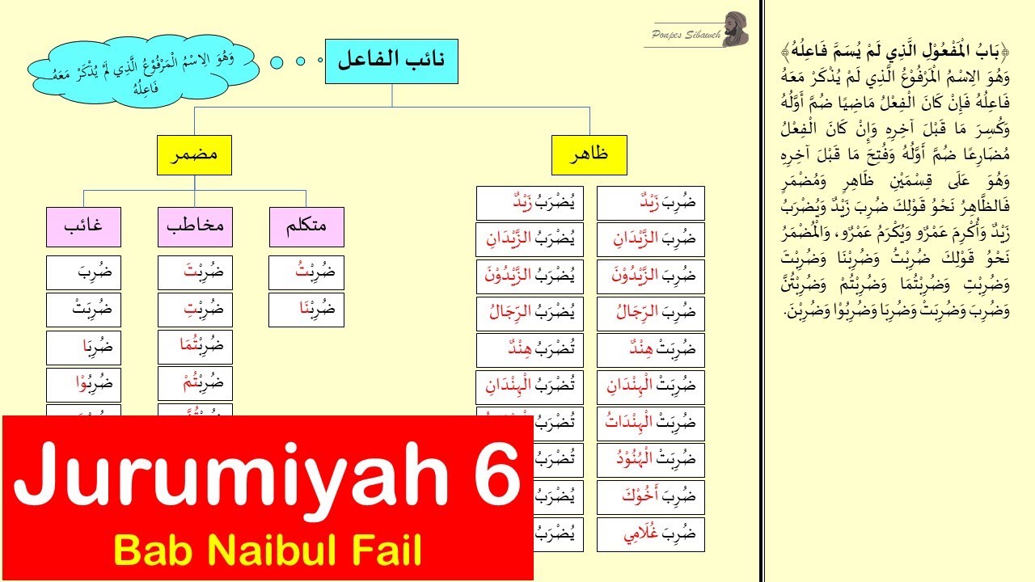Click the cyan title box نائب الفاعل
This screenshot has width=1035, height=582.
point(391,61)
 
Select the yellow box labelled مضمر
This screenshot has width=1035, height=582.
point(193,156)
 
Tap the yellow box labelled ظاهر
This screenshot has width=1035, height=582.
point(589,156)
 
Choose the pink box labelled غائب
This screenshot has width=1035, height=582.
point(84,227)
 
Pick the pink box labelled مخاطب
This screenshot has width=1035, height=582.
point(194,227)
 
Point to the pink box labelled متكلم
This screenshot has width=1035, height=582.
point(306,227)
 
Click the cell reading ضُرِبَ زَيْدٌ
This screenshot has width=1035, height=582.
point(650,203)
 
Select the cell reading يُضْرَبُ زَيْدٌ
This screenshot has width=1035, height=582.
point(530,203)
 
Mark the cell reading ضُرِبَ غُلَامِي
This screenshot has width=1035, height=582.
point(650,534)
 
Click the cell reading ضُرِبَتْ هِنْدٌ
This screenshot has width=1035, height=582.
point(650,350)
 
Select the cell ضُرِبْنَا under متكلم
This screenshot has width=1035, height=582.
point(306,310)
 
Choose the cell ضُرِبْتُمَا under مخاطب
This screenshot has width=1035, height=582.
point(194,347)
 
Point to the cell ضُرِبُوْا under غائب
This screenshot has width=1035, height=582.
point(84,384)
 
